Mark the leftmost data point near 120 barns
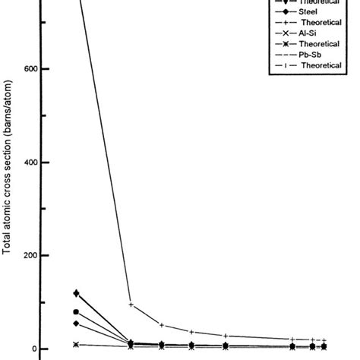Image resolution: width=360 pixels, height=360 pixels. pyautogui.click(x=76, y=293)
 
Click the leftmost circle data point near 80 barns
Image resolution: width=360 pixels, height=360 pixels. pyautogui.click(x=76, y=312)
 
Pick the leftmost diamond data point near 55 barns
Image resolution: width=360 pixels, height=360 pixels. pyautogui.click(x=76, y=324)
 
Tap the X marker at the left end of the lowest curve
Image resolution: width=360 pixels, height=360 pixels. pyautogui.click(x=76, y=345)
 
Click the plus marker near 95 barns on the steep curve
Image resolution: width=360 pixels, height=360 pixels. pyautogui.click(x=131, y=305)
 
